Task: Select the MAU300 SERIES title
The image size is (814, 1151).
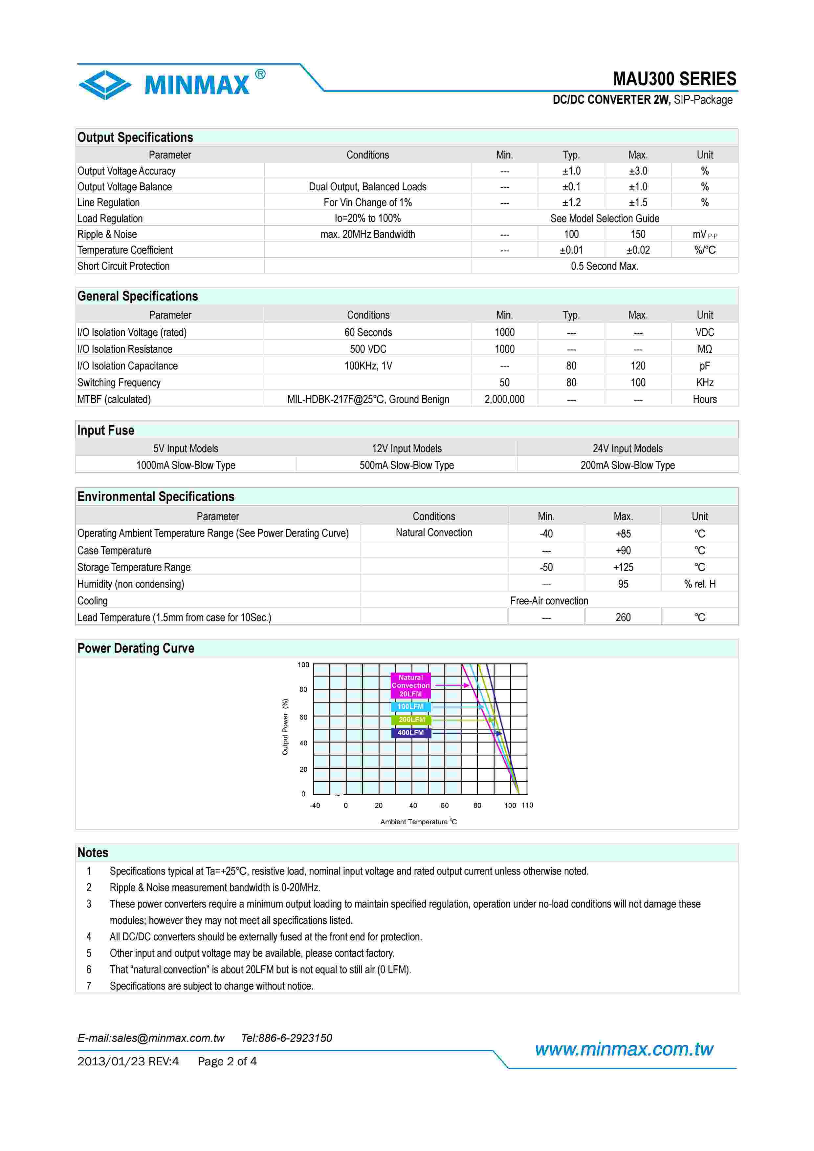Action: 674,79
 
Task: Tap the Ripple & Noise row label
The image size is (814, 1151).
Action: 107,234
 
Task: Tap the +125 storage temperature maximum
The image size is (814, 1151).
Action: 623,568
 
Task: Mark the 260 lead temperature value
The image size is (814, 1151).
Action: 623,617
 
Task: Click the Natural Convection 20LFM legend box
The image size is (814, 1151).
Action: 410,685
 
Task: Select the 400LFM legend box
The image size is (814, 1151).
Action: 410,733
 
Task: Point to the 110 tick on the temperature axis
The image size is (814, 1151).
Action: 527,805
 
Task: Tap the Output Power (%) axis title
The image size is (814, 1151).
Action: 285,726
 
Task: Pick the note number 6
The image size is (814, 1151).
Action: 89,970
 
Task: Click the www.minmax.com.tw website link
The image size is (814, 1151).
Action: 624,1049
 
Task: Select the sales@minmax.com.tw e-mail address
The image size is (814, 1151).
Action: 168,1038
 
